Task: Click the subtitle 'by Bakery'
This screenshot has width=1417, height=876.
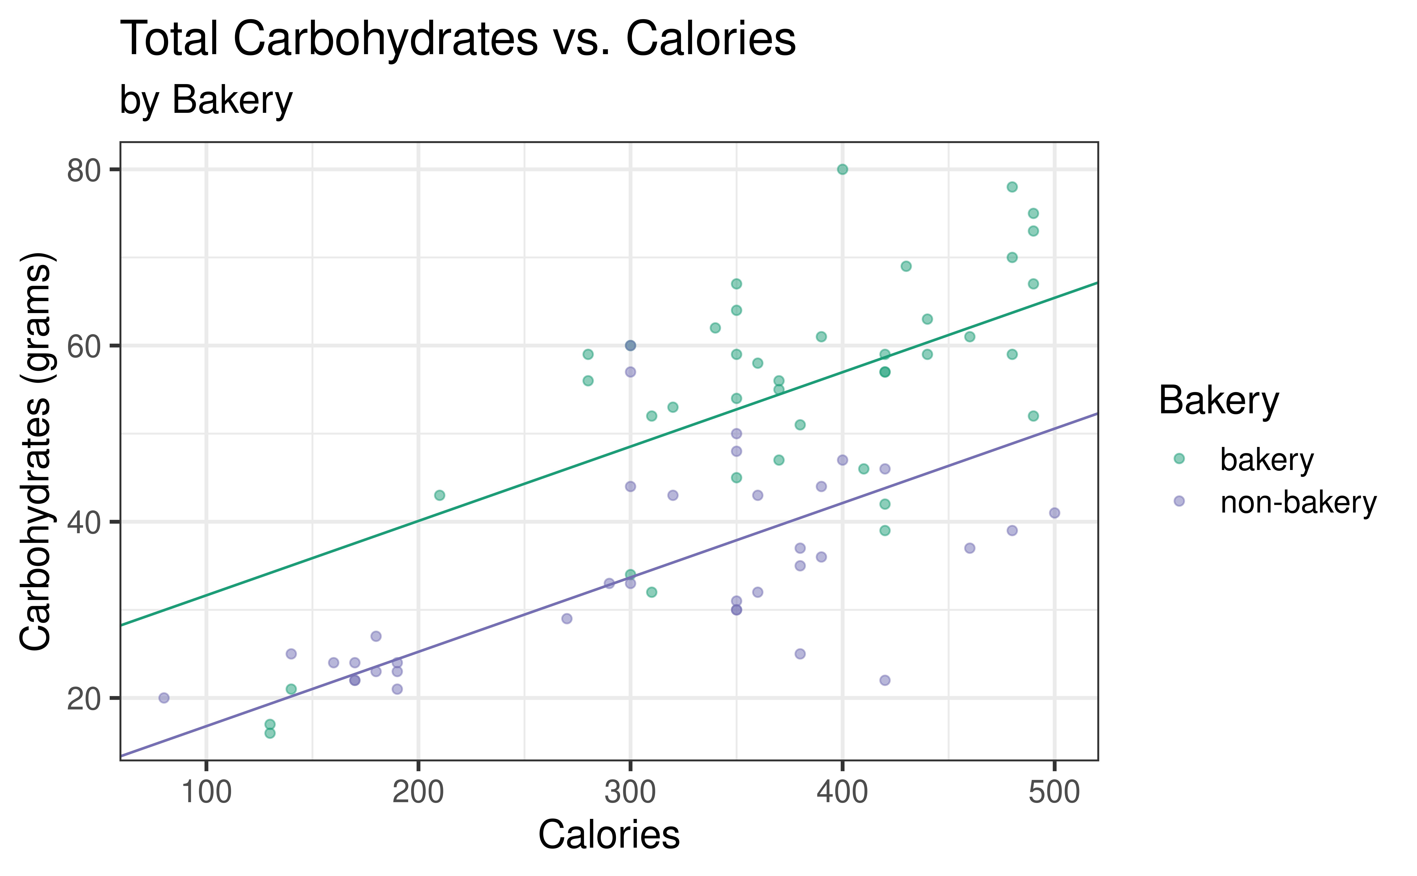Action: tap(206, 100)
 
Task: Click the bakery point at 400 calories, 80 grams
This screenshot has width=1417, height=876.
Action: tap(843, 169)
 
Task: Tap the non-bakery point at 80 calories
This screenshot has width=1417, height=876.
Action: tap(164, 698)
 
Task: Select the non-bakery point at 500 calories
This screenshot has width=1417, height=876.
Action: tap(1054, 513)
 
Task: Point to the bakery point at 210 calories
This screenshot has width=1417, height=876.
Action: tap(439, 495)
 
